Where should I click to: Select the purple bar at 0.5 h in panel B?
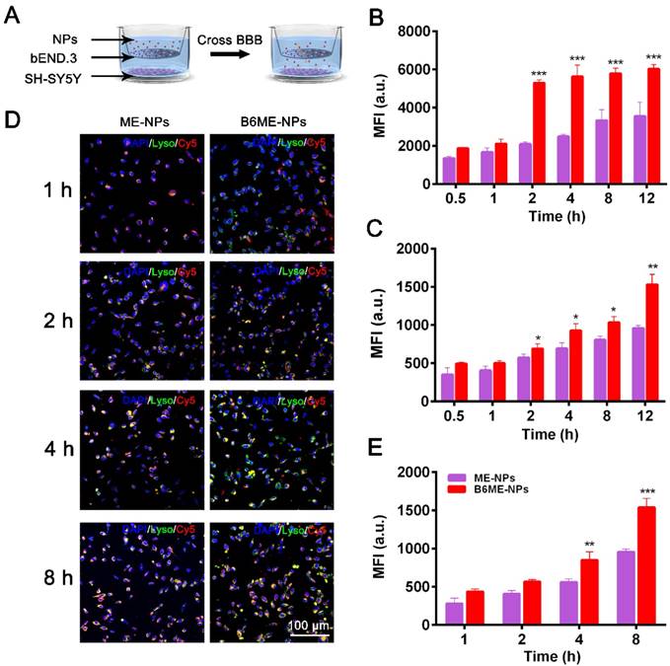click(448, 170)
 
